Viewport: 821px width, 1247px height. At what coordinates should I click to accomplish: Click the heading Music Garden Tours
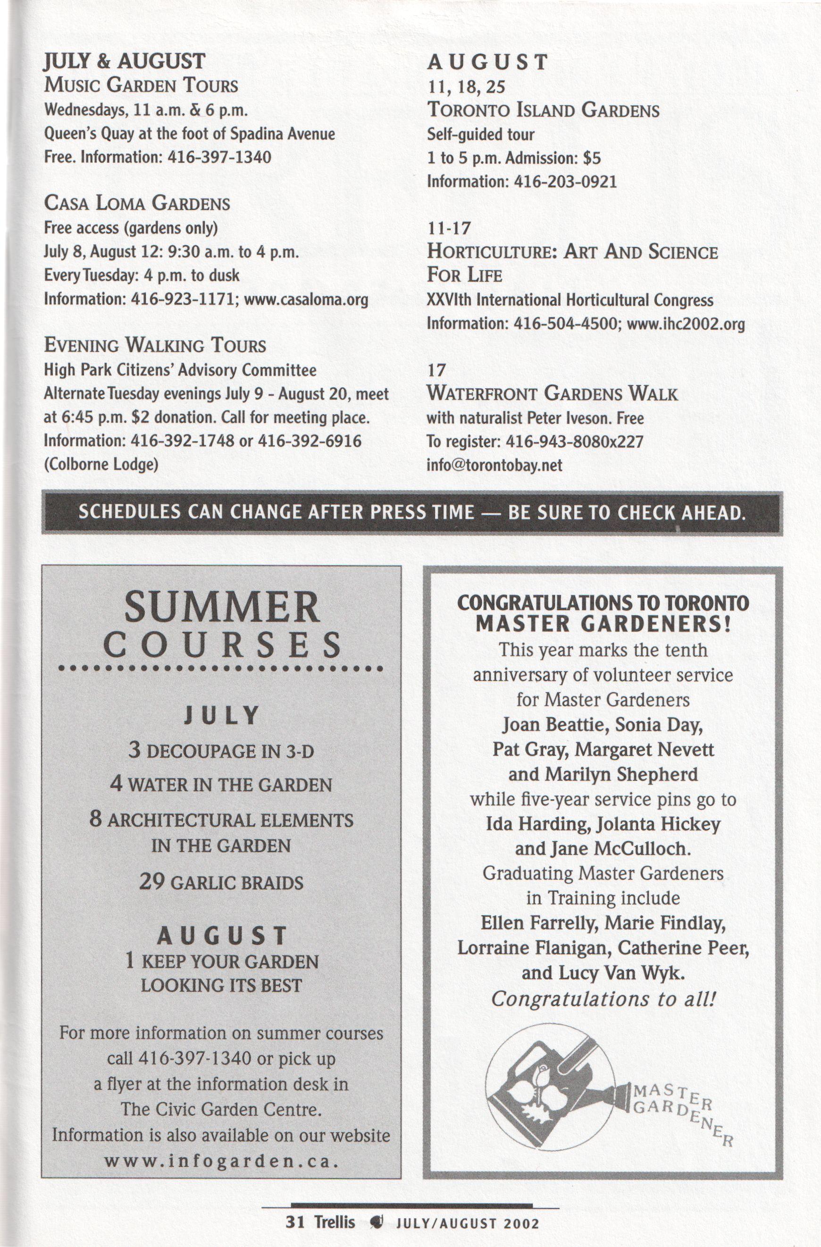[141, 85]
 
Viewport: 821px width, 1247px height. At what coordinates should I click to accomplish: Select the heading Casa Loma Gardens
[137, 203]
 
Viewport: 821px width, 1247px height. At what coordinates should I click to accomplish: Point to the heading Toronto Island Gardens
[543, 110]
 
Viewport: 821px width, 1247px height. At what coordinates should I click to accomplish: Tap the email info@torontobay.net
[494, 465]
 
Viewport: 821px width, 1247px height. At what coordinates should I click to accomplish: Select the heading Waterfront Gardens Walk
[552, 393]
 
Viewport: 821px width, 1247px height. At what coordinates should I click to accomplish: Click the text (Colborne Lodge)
[101, 465]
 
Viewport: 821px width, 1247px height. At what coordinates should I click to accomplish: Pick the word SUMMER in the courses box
[221, 607]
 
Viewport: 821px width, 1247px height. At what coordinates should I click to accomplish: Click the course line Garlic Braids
[221, 883]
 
